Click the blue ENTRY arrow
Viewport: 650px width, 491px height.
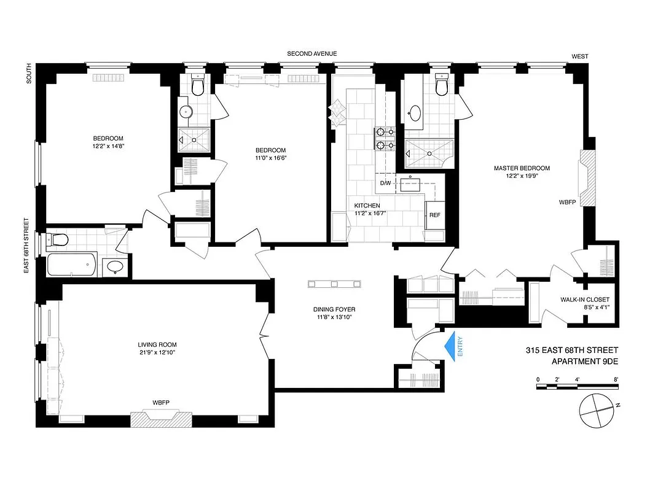point(455,347)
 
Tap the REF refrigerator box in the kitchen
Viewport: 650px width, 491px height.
point(435,215)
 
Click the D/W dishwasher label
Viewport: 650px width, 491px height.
point(385,183)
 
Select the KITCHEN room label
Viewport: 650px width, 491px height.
point(367,206)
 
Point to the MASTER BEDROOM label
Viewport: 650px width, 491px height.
point(522,168)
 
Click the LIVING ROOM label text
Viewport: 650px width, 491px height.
point(157,344)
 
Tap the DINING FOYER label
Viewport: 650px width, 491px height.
point(334,309)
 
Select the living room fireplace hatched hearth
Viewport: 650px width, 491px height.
point(161,419)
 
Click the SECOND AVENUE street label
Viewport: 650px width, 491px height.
point(312,54)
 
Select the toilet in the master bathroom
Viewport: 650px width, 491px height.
point(441,87)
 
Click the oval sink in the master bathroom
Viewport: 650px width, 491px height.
point(415,114)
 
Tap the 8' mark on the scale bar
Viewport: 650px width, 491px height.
point(616,379)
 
